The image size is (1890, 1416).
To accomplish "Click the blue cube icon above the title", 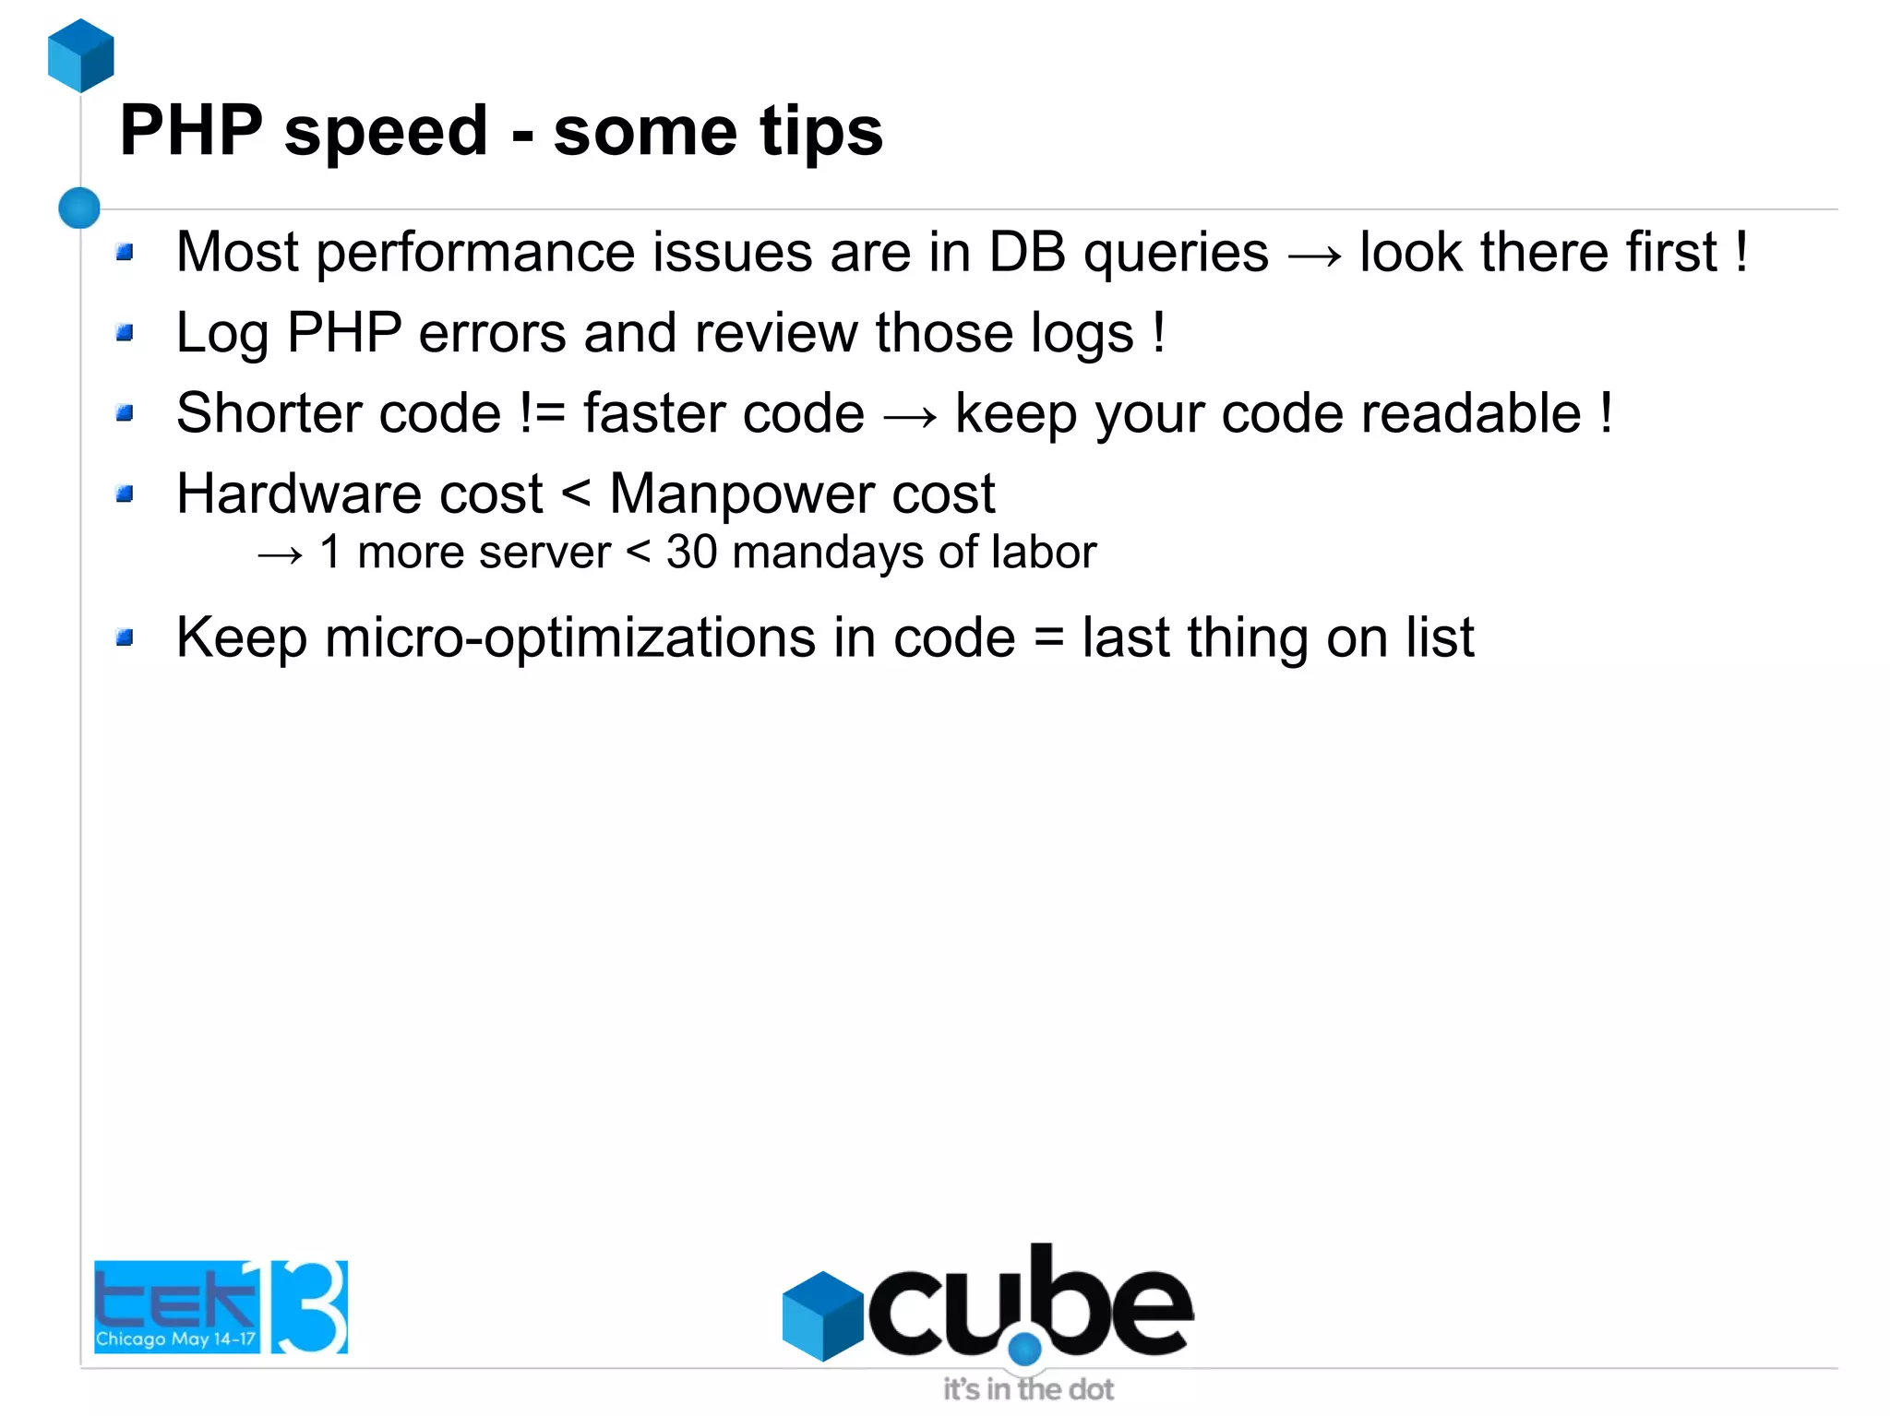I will point(80,55).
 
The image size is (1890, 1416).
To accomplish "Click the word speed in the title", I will point(385,132).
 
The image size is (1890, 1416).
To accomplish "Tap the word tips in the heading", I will point(820,132).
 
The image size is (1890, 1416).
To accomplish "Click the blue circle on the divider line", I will point(79,208).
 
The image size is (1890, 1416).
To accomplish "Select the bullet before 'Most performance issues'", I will point(126,252).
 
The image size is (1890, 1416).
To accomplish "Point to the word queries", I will point(1176,254).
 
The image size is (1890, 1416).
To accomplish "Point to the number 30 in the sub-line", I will point(691,553).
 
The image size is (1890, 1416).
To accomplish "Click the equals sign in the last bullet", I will point(1048,638).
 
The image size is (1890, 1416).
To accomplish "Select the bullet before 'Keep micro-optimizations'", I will point(126,637).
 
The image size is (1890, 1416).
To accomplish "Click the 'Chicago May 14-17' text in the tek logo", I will point(175,1339).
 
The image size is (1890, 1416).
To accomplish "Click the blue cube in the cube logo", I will point(822,1315).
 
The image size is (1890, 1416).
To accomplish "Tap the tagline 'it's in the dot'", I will point(1027,1389).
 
